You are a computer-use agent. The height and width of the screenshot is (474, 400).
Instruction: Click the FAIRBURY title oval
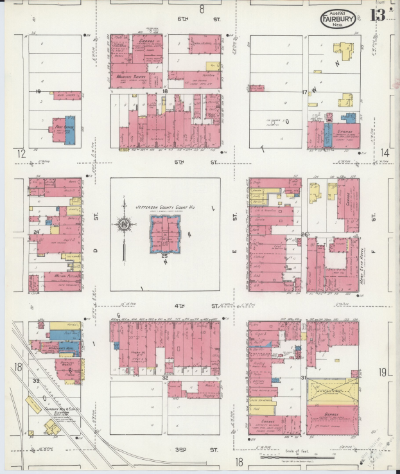pos(338,19)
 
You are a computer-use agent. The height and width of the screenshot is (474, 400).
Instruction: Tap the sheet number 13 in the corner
pos(378,15)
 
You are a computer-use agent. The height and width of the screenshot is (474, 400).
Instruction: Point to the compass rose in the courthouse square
pos(124,225)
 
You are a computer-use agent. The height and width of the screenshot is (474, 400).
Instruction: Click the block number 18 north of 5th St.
pos(165,92)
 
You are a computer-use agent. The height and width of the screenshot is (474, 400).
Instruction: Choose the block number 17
pos(304,92)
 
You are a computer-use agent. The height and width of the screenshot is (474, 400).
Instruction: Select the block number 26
pos(304,234)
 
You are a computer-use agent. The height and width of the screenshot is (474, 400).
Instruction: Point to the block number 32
pos(165,377)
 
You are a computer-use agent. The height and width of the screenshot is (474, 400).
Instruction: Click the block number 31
pos(304,377)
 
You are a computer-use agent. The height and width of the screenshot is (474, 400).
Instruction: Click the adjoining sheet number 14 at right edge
pos(385,152)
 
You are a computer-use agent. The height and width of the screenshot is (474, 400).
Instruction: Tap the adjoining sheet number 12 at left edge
pos(21,153)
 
